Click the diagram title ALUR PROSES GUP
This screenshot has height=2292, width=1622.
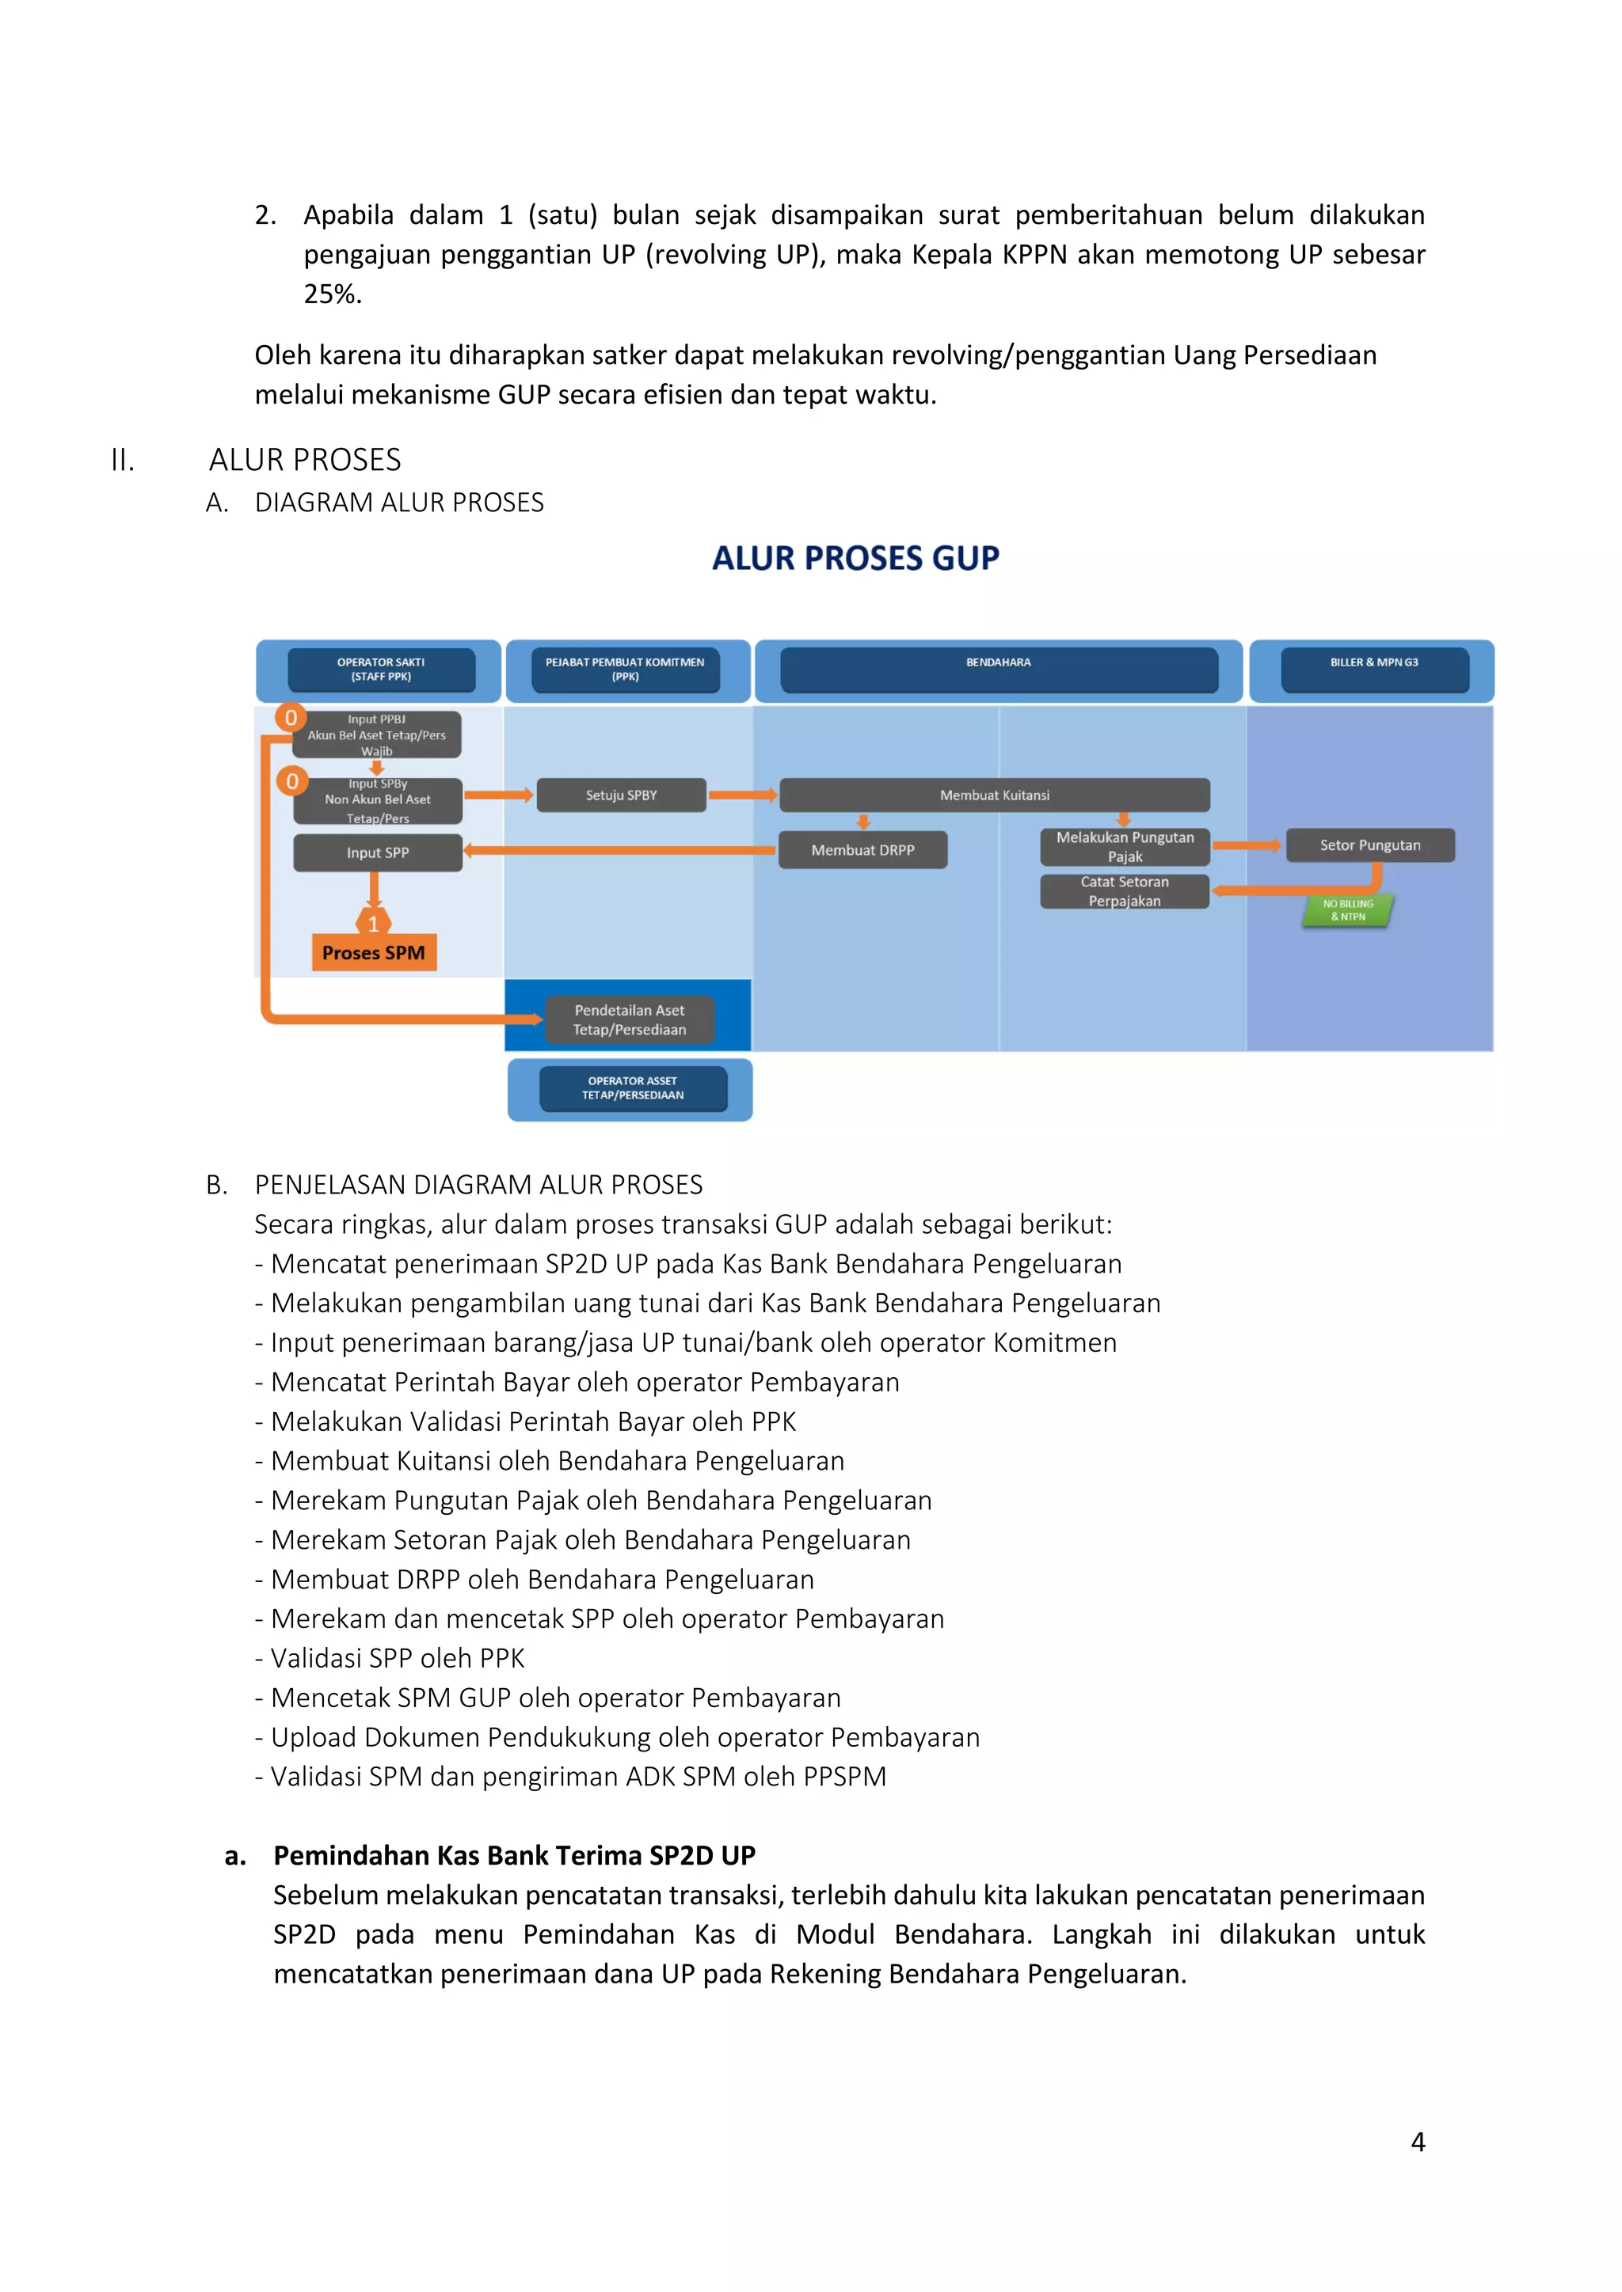[x=855, y=558]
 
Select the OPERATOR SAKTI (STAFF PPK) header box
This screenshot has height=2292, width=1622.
[x=380, y=670]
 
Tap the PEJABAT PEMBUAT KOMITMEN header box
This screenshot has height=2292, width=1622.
[x=625, y=670]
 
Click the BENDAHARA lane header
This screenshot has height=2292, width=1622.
[x=998, y=670]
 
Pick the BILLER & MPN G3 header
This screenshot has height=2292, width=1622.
[x=1374, y=670]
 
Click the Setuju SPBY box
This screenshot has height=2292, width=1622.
[x=621, y=795]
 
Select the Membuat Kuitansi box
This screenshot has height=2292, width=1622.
[x=994, y=795]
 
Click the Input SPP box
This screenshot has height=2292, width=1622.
[x=378, y=852]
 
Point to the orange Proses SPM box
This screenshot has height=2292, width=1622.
[x=374, y=952]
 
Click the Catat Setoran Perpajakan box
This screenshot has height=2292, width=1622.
[x=1125, y=891]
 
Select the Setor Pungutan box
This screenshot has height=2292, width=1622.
[x=1369, y=845]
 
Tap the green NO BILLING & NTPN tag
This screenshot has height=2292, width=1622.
[x=1348, y=910]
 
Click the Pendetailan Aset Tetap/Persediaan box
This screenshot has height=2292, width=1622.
[x=629, y=1020]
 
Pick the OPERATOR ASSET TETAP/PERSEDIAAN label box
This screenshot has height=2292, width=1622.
[x=632, y=1088]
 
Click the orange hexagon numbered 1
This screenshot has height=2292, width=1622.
[x=374, y=924]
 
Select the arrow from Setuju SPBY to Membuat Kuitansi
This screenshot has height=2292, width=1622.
[x=742, y=795]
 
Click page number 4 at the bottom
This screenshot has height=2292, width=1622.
[x=1417, y=2142]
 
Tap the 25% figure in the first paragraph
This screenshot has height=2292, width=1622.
[x=332, y=294]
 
